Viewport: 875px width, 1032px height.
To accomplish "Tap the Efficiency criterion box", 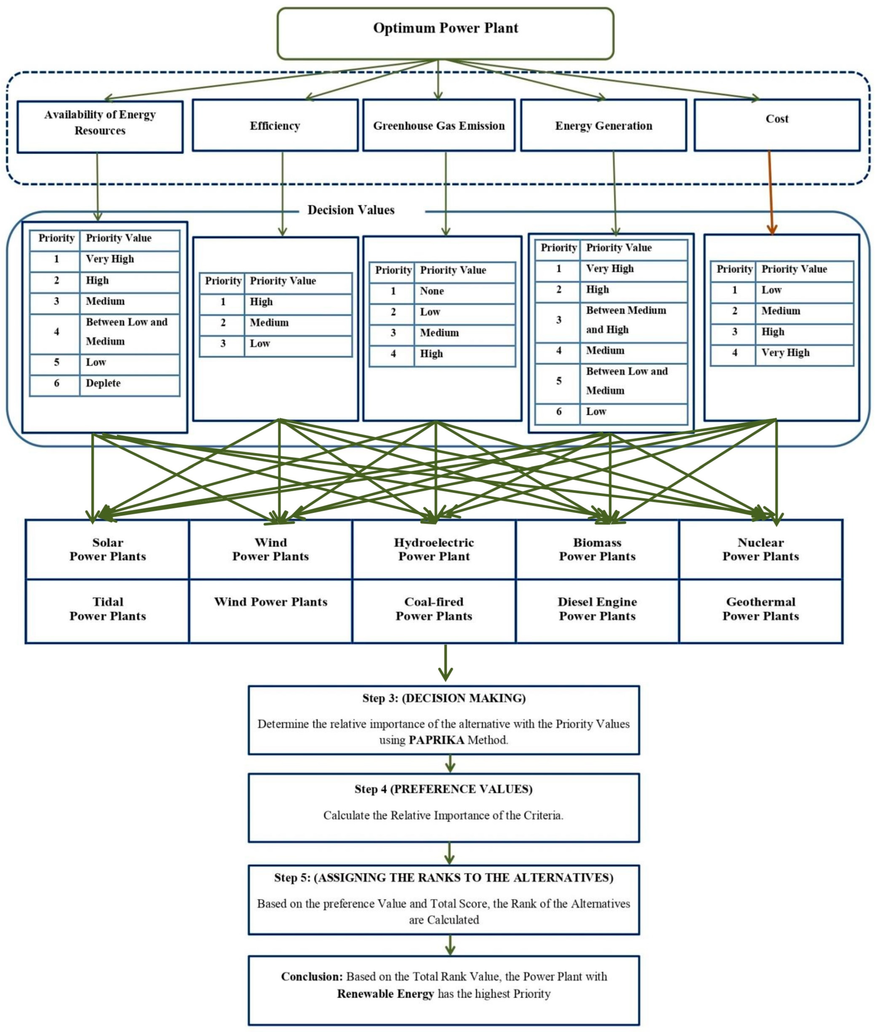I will coord(275,125).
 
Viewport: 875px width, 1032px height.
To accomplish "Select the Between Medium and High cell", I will coord(626,320).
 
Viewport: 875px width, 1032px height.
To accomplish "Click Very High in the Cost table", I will coord(785,353).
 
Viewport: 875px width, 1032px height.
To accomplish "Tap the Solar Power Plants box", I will coord(108,549).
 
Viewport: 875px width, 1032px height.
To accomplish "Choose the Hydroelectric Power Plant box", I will coord(434,549).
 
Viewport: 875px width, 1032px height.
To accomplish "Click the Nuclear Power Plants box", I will coord(760,549).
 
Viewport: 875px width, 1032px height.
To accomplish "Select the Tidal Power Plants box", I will coord(108,609).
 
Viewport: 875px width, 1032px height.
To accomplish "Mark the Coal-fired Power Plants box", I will coord(434,609).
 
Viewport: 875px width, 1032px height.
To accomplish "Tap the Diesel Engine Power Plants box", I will coord(597,609).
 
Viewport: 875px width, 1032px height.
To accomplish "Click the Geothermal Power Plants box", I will coord(760,609).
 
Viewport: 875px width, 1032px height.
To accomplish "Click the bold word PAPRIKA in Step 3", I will coord(436,740).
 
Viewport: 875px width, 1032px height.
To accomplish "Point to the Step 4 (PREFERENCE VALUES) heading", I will coord(443,789).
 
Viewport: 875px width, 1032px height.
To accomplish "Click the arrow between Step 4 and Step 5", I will coord(449,853).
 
